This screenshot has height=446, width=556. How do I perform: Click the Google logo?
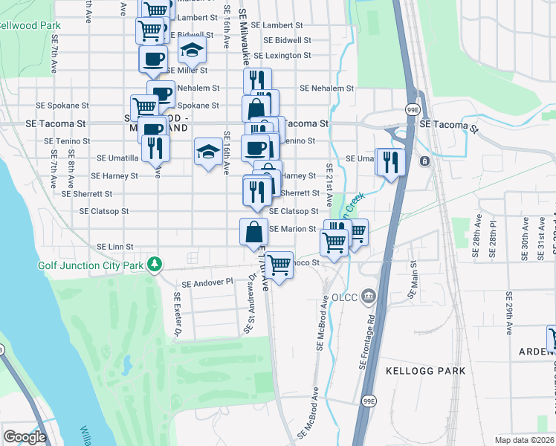[25, 437]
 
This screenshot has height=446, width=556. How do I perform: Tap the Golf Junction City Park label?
[89, 265]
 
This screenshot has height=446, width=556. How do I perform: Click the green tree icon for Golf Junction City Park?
[154, 265]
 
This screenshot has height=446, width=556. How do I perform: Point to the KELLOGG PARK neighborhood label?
[426, 370]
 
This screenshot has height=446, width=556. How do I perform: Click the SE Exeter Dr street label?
[178, 306]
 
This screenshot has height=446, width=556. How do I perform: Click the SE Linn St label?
[115, 247]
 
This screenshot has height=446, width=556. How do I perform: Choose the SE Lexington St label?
[282, 56]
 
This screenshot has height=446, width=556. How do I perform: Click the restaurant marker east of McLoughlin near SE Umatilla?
[390, 161]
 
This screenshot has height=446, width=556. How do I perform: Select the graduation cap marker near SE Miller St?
[193, 51]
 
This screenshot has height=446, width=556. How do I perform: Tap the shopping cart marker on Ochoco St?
[279, 264]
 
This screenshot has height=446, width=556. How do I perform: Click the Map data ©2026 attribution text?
[525, 440]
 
